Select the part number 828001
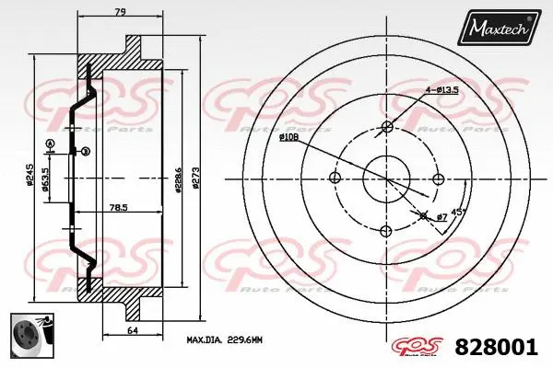click(x=498, y=348)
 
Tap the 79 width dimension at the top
click(x=119, y=12)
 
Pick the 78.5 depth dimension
click(x=117, y=206)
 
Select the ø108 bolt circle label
click(x=288, y=136)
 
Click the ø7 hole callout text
click(x=441, y=215)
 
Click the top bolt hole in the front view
click(x=387, y=126)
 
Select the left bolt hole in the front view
click(x=335, y=178)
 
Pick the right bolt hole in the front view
click(x=439, y=178)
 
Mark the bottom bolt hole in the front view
click(x=387, y=229)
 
